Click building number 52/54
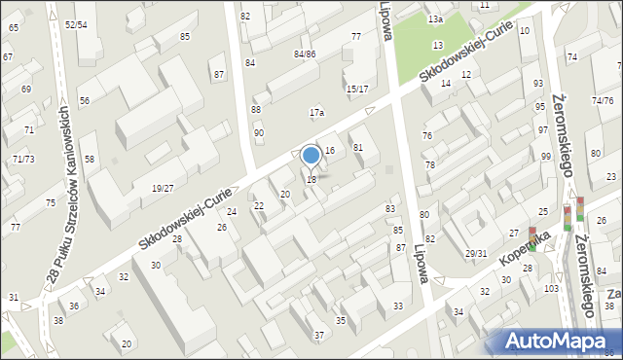pyautogui.click(x=75, y=24)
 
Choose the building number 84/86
pyautogui.click(x=305, y=54)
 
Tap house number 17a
pyautogui.click(x=316, y=113)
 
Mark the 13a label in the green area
pyautogui.click(x=436, y=19)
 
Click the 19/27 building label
pyautogui.click(x=163, y=188)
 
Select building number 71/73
pyautogui.click(x=24, y=159)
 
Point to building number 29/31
pyautogui.click(x=475, y=254)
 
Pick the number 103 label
pyautogui.click(x=551, y=289)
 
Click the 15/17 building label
pyautogui.click(x=356, y=89)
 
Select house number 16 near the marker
pyautogui.click(x=330, y=150)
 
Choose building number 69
pyautogui.click(x=26, y=89)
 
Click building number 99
pyautogui.click(x=545, y=157)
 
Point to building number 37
pyautogui.click(x=319, y=336)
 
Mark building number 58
pyautogui.click(x=90, y=159)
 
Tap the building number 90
pyautogui.click(x=258, y=132)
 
